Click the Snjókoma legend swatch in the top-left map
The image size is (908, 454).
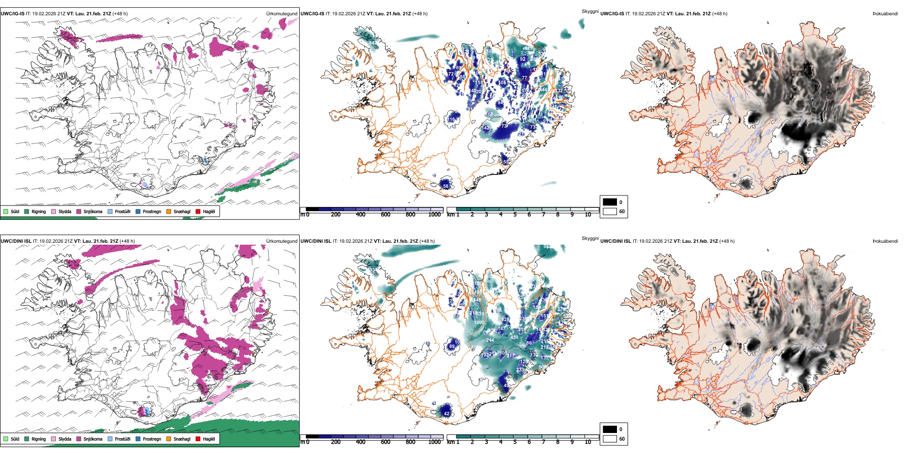click(79, 211)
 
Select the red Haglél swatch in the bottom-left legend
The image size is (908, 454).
click(198, 439)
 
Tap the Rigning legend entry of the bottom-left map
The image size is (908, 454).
click(27, 439)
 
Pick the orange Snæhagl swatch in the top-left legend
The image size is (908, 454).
click(169, 211)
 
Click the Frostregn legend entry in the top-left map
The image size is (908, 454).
click(138, 211)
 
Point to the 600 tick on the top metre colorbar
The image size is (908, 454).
click(386, 215)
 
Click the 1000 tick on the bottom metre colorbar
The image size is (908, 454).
click(434, 442)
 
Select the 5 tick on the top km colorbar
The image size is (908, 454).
click(515, 215)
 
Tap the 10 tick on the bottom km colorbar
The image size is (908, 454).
click(588, 442)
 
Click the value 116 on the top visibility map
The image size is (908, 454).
click(451, 119)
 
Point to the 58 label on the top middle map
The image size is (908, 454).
click(446, 186)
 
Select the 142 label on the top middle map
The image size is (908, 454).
click(485, 128)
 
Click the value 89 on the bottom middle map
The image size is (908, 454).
click(452, 346)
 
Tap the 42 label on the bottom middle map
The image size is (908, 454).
click(447, 413)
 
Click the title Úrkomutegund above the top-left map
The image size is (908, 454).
click(281, 14)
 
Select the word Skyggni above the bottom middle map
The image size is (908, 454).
click(590, 238)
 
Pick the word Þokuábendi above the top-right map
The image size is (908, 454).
click(885, 14)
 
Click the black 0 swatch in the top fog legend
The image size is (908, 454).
click(610, 202)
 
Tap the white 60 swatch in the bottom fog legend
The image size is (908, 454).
click(610, 439)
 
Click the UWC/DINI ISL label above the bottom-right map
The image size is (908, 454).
click(616, 241)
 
